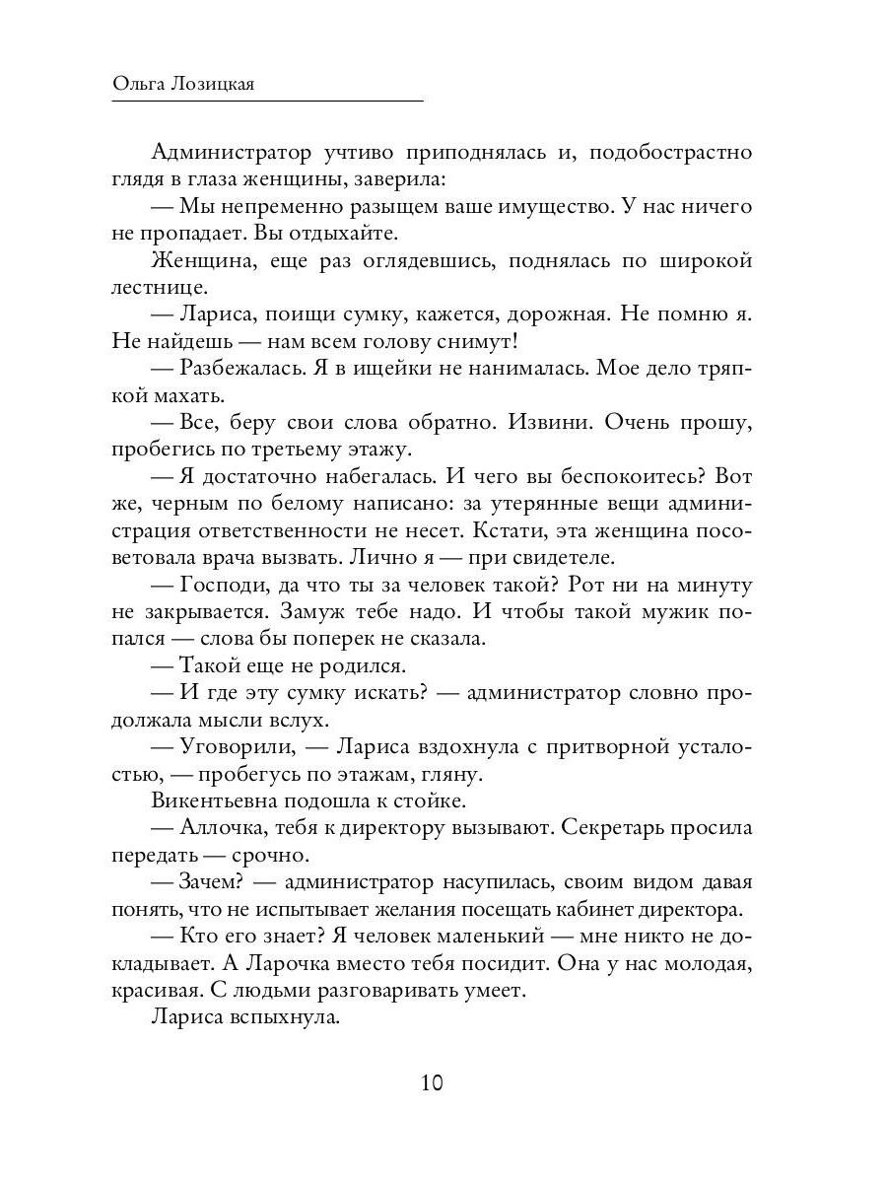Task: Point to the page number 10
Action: (x=432, y=1082)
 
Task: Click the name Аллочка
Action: (x=222, y=827)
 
